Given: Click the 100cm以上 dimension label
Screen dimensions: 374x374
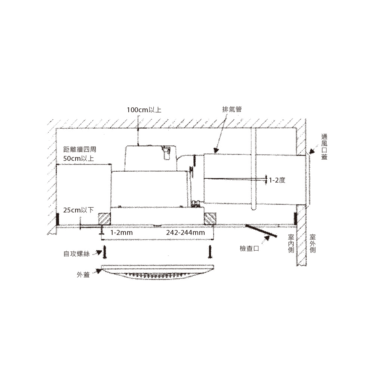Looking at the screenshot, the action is tap(144, 110).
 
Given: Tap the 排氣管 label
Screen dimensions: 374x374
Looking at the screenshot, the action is tap(232, 110).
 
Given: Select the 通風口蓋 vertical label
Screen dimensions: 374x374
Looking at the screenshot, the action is tap(324, 147).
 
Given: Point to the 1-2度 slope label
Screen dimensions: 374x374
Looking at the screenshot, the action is tap(277, 180).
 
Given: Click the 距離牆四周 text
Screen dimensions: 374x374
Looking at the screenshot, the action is tap(80, 150).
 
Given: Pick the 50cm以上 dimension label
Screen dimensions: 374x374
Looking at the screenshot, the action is tap(79, 158).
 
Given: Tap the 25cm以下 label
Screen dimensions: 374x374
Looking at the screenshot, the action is tap(79, 210).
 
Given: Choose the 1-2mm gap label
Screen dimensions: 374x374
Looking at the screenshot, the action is tap(122, 233).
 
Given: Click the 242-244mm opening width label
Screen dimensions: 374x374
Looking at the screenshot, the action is tap(186, 233).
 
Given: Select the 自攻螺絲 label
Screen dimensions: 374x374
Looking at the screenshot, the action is tap(77, 254).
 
